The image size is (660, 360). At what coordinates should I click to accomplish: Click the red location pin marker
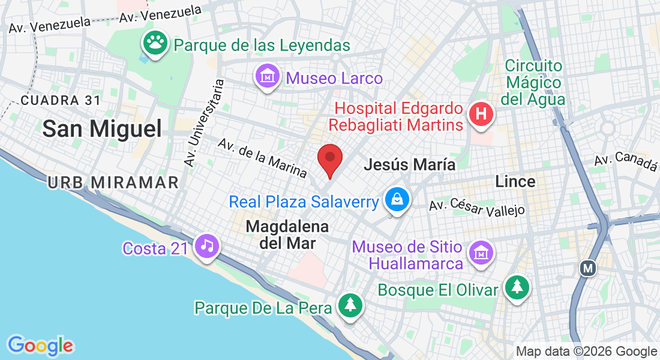pos(329,160)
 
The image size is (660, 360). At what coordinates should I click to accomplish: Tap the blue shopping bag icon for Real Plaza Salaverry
pos(397,200)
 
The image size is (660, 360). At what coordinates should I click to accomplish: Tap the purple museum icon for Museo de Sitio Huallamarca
pos(481,254)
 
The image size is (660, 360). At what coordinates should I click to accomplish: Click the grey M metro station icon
pos(588,268)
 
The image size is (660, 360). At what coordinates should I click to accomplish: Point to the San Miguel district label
pos(103,128)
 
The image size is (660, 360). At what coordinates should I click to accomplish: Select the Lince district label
pos(515,181)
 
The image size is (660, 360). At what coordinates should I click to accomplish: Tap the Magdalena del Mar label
pos(287,235)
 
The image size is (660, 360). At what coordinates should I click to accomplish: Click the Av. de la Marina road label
pos(262,158)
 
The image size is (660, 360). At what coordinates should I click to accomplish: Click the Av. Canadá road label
pos(626,161)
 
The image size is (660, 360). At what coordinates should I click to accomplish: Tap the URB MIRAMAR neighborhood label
pos(113,182)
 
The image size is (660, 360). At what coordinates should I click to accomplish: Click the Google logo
pos(41,346)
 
